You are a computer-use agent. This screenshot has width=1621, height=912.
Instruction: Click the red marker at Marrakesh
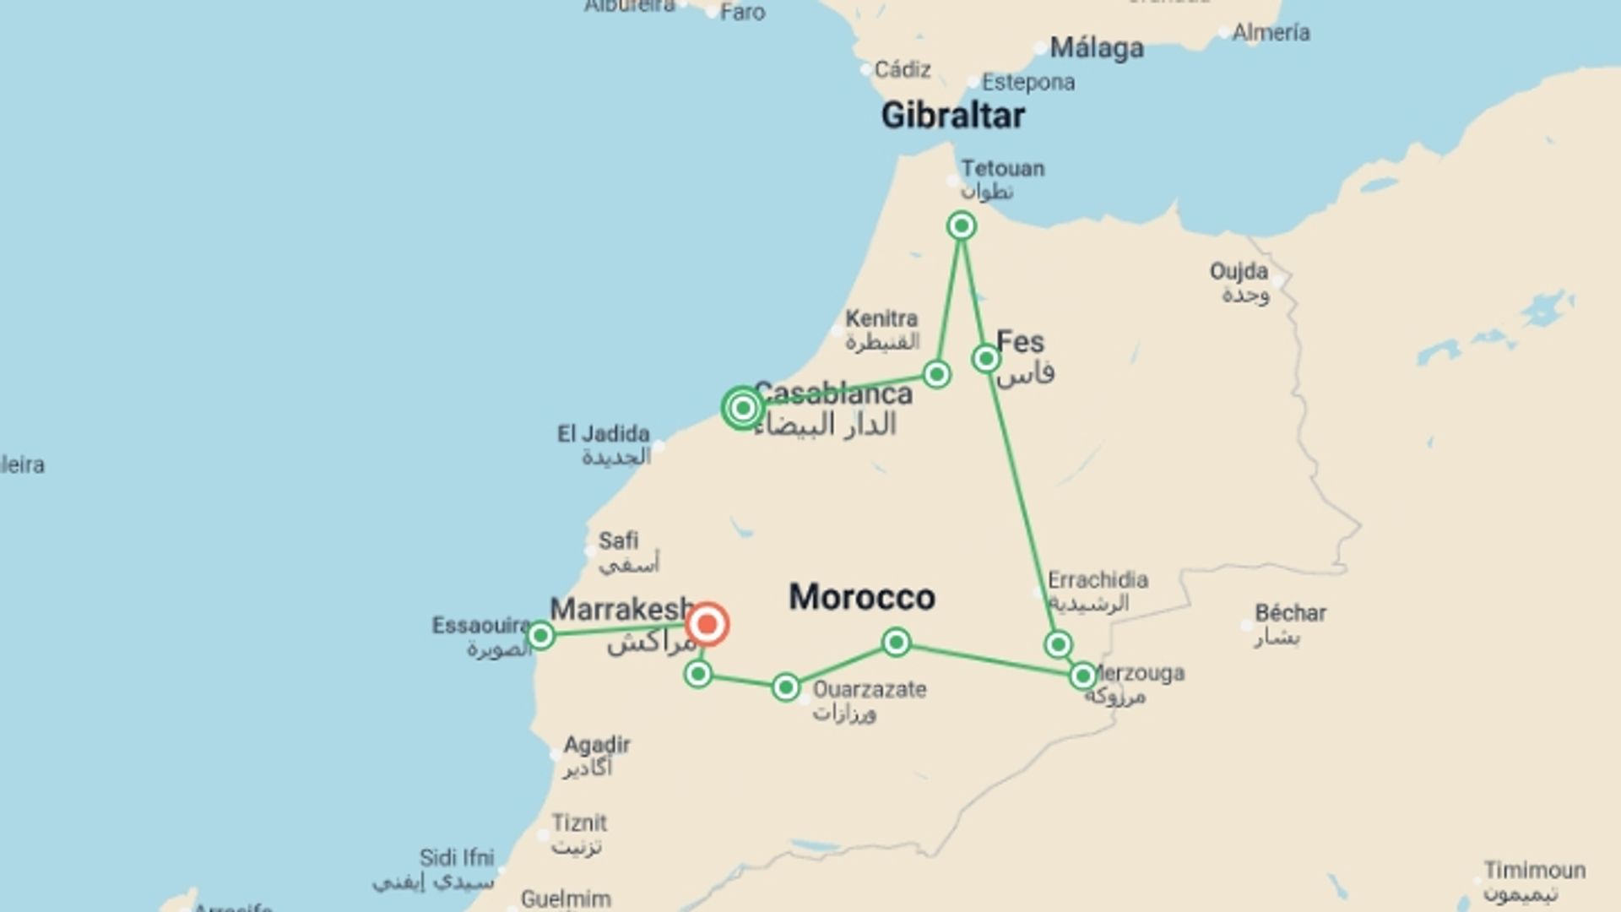[x=707, y=625]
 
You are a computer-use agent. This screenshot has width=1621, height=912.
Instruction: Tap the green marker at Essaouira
[x=540, y=635]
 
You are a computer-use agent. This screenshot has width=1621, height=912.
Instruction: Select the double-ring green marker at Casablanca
[x=742, y=409]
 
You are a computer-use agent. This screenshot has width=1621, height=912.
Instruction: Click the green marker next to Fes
[x=985, y=359]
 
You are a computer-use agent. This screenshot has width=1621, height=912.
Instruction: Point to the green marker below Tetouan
[x=961, y=225]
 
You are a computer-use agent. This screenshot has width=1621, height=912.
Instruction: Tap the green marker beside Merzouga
[x=1082, y=676]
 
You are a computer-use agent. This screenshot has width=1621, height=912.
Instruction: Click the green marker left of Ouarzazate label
[x=785, y=687]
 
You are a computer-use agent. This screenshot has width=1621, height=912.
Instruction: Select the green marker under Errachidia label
[x=1058, y=645]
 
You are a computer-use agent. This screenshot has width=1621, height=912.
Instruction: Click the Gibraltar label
[x=952, y=116]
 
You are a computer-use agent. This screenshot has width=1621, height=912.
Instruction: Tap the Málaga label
[x=1096, y=48]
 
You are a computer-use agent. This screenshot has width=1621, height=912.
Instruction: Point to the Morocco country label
[x=861, y=597]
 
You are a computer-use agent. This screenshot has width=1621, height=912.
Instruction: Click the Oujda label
[x=1239, y=272]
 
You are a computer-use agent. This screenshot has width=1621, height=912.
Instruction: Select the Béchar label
[x=1289, y=613]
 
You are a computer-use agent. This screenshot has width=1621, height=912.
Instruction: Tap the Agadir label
[x=597, y=745]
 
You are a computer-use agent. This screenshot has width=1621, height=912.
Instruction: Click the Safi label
[x=618, y=540]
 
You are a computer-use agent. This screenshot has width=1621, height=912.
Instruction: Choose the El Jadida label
[x=603, y=434]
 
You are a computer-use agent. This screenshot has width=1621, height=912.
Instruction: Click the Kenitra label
[x=881, y=319]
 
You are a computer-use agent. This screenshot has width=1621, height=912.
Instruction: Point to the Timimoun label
[x=1534, y=870]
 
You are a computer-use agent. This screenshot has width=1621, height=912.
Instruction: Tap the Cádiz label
[x=902, y=69]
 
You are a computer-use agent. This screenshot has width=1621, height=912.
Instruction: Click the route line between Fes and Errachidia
[x=1022, y=502]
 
